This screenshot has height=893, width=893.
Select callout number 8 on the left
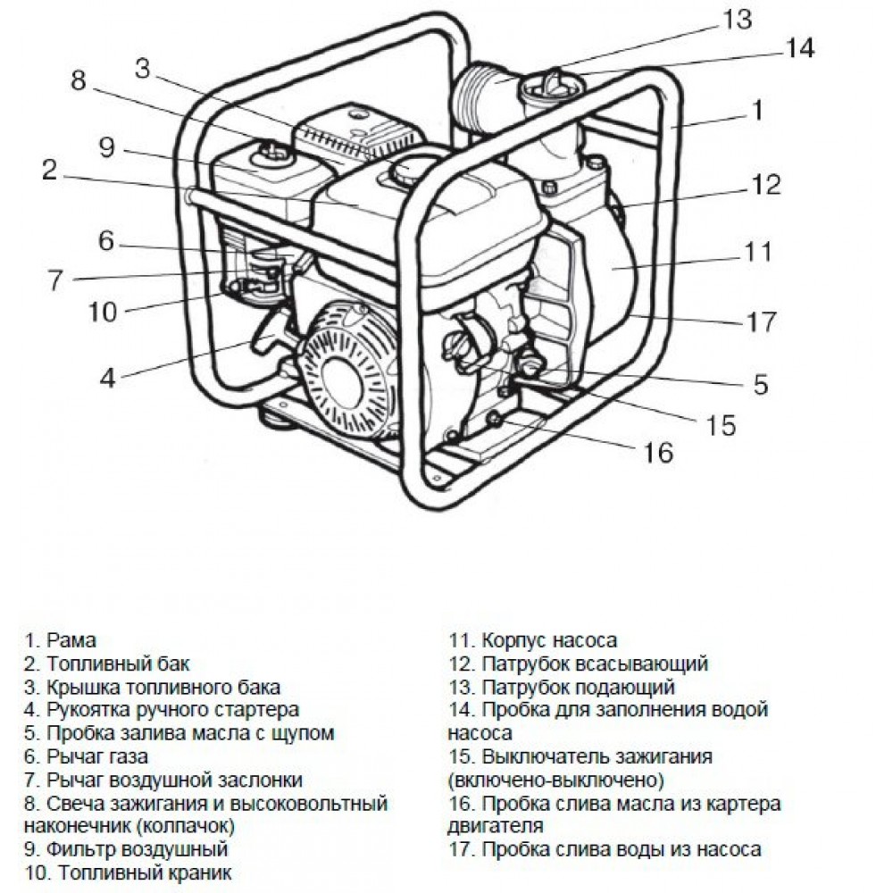(x=79, y=80)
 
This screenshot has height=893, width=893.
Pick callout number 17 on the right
(x=761, y=321)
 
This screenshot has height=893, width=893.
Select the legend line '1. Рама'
(x=61, y=640)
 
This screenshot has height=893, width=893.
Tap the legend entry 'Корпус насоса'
(x=548, y=640)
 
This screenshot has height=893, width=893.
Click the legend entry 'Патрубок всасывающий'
(x=594, y=663)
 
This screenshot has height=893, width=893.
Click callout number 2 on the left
(x=49, y=171)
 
